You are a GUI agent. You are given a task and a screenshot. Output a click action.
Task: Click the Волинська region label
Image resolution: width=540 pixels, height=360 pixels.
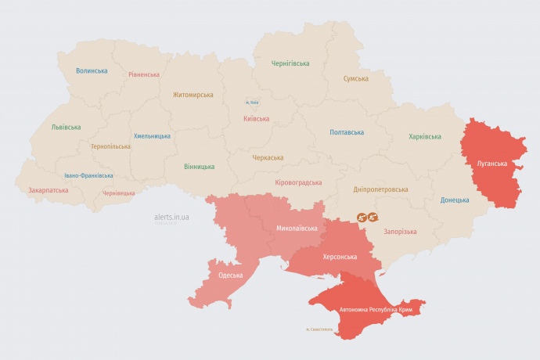click(92, 70)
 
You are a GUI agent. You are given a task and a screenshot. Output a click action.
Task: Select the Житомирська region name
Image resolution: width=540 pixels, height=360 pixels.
click(193, 95)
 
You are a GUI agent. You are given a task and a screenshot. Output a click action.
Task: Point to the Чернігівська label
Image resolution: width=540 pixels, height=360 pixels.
click(290, 63)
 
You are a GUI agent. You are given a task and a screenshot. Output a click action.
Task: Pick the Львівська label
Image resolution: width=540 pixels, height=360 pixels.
click(66, 127)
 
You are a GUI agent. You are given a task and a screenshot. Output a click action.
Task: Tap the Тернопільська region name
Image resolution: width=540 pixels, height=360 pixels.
click(110, 146)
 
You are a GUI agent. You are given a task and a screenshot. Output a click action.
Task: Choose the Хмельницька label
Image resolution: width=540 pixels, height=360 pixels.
click(152, 135)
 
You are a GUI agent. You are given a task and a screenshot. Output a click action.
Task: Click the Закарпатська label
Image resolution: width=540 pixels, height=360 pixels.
click(48, 190)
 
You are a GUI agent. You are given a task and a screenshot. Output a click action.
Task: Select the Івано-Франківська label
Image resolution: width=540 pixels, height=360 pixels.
click(88, 176)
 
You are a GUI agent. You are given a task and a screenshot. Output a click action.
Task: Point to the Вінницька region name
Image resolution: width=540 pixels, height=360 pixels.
click(200, 167)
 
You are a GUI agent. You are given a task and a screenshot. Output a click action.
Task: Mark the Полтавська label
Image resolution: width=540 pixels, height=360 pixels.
click(347, 132)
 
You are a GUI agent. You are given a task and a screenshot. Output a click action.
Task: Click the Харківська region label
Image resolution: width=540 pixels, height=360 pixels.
click(425, 137)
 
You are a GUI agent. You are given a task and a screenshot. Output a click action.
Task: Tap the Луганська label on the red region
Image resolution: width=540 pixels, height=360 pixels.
click(491, 164)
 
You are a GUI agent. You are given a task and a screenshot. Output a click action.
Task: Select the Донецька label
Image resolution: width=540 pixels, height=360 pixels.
click(455, 200)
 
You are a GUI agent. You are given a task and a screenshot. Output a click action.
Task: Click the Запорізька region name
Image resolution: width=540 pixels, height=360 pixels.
click(400, 232)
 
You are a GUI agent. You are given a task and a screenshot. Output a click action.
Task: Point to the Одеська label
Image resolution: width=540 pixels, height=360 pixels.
click(231, 275)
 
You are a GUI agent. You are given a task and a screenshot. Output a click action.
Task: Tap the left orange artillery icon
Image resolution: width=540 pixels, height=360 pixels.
click(362, 217)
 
